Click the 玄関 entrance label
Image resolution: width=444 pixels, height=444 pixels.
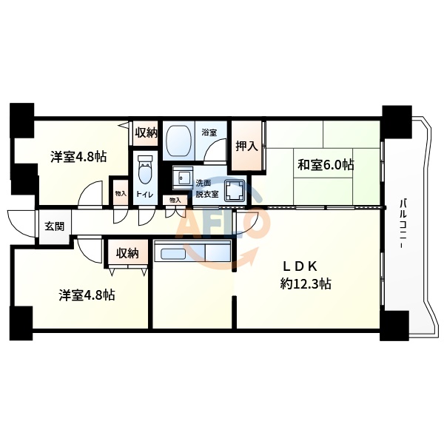click(54, 226)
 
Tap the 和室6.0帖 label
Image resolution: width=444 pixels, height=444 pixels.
click(325, 164)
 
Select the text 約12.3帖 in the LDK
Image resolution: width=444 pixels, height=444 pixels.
click(305, 283)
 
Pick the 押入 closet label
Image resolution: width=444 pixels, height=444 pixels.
click(246, 146)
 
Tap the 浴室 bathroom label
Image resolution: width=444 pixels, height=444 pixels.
click(209, 133)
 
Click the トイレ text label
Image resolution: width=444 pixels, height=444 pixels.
click(146, 195)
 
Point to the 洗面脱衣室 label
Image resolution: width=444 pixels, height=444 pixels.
click(203, 186)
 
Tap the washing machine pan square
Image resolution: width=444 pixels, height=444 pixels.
click(236, 192)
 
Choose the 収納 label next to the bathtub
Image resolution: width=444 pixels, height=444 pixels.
click(146, 133)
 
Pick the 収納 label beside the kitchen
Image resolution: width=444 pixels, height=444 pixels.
click(127, 253)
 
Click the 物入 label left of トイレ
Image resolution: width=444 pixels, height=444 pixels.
click(120, 194)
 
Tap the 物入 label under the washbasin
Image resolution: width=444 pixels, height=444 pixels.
click(175, 200)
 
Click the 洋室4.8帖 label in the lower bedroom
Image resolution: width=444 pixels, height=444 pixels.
click(87, 294)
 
